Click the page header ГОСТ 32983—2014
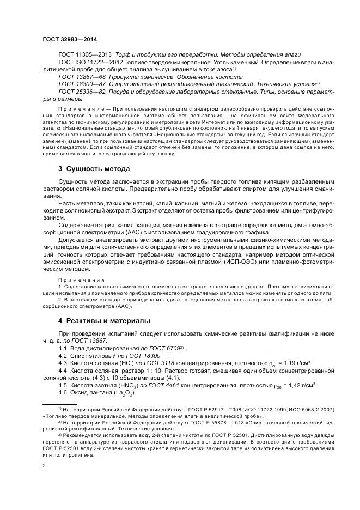click(x=69, y=39)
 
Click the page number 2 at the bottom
click(x=43, y=466)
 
